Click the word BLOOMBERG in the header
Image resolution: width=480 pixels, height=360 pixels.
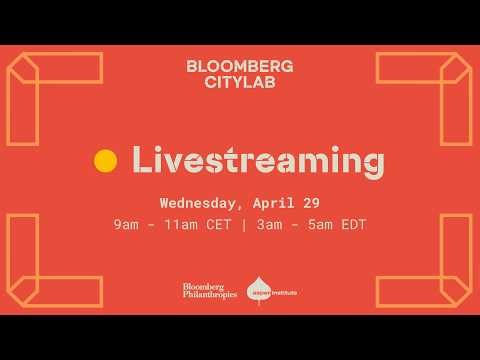point(240,67)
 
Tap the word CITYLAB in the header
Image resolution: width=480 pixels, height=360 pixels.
point(240,83)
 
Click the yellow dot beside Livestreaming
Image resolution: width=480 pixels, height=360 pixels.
point(105,160)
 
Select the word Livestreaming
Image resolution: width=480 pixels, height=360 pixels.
point(258,160)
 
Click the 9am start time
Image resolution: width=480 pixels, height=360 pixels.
point(126,224)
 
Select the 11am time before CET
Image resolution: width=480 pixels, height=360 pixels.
point(174,224)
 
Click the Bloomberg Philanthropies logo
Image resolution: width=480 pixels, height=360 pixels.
point(209,291)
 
